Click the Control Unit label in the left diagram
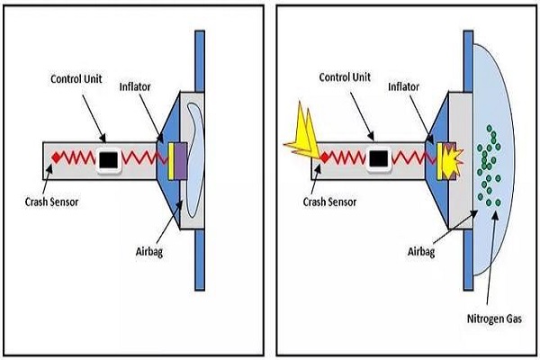point(76,79)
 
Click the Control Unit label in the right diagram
point(345,77)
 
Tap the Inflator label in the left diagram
point(135,86)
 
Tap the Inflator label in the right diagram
point(403,86)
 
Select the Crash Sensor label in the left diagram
point(51,202)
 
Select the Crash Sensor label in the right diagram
point(329,202)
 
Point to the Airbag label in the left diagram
point(149,252)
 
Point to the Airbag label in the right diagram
point(421,252)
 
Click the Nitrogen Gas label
point(494,319)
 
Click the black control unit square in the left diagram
point(109,160)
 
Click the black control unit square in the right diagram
point(379,159)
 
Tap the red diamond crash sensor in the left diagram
point(56,157)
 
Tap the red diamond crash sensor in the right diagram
point(324,157)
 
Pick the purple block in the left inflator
point(181,161)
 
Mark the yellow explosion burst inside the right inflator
point(452,159)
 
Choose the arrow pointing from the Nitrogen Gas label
point(491,257)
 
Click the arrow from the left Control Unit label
point(94,119)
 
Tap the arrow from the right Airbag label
point(455,227)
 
